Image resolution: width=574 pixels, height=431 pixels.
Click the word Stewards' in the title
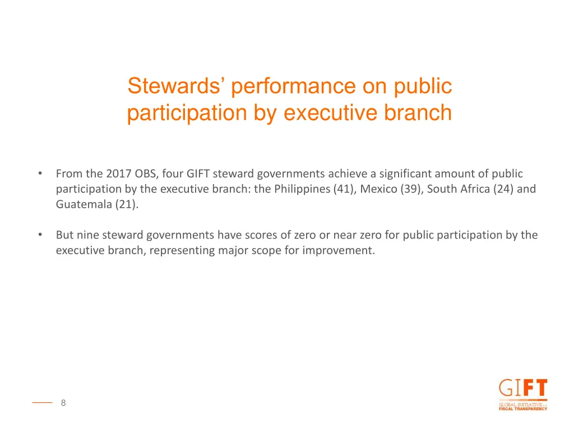click(175, 86)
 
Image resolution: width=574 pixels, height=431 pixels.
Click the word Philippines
click(302, 189)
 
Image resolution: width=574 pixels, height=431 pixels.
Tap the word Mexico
click(379, 189)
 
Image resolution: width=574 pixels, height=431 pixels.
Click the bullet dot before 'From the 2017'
click(40, 173)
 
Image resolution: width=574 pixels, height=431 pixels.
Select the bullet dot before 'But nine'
click(40, 235)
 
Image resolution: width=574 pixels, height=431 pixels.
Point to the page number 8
click(63, 402)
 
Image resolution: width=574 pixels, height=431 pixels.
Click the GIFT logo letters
click(522, 389)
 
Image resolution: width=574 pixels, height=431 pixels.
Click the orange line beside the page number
click(41, 402)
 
